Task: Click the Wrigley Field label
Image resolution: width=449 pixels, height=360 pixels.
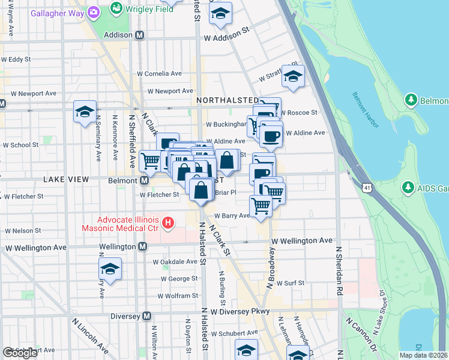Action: click(x=148, y=9)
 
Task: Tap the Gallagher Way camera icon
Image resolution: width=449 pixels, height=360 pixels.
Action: click(x=93, y=11)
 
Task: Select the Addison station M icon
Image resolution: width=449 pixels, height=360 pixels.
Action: click(x=139, y=35)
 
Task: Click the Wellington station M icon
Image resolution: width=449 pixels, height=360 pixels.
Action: click(x=143, y=247)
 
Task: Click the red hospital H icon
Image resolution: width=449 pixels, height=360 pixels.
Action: click(x=168, y=224)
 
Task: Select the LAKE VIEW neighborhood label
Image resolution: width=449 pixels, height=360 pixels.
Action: click(x=66, y=179)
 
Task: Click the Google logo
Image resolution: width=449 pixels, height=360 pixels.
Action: click(x=20, y=352)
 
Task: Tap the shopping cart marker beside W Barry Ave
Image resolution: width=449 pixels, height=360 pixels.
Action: click(x=261, y=205)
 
